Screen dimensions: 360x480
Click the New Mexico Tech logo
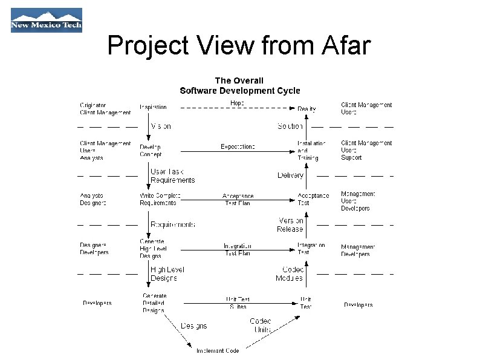pyautogui.click(x=46, y=20)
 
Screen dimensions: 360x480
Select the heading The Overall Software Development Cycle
pyautogui.click(x=239, y=85)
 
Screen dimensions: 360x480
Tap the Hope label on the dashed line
pyautogui.click(x=237, y=103)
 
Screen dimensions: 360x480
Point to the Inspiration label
pyautogui.click(x=153, y=107)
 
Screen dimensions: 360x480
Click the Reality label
pyautogui.click(x=306, y=109)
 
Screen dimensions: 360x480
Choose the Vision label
pyautogui.click(x=160, y=126)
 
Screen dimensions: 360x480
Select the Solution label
pyautogui.click(x=290, y=126)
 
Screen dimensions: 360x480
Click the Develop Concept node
pyautogui.click(x=151, y=151)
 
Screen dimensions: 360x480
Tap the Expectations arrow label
pyautogui.click(x=238, y=146)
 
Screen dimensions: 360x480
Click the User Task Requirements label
pyautogui.click(x=172, y=175)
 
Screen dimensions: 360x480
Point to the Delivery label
pyautogui.click(x=290, y=175)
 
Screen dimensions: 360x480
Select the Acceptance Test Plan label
pyautogui.click(x=238, y=200)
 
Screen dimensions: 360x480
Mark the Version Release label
pyautogui.click(x=290, y=225)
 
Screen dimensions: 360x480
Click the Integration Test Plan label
pyautogui.click(x=237, y=249)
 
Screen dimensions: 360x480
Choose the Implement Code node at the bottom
pyautogui.click(x=217, y=351)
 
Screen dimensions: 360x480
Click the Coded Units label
pyautogui.click(x=261, y=326)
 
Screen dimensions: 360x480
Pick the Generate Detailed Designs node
pyautogui.click(x=154, y=303)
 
